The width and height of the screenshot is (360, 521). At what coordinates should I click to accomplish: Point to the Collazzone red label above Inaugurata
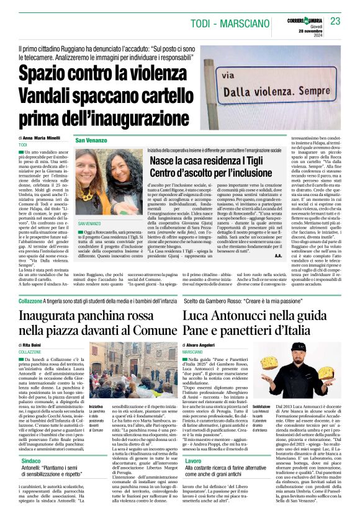30,300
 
